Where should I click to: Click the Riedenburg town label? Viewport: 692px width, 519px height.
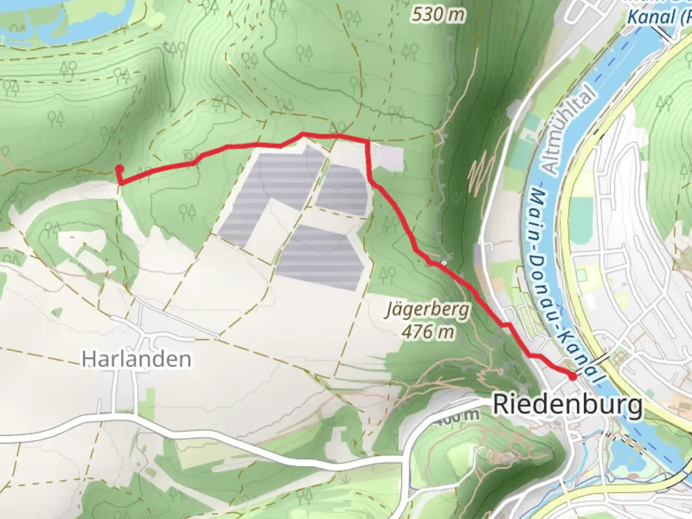[567, 405]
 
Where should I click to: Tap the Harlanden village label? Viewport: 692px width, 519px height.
[136, 359]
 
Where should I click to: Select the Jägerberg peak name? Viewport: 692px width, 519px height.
[427, 310]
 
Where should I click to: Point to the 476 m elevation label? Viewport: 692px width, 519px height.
[428, 332]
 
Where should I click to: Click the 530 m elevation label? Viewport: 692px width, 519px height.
[438, 15]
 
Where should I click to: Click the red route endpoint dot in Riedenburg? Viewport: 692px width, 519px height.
[573, 376]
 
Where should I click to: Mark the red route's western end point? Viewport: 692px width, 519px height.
[119, 168]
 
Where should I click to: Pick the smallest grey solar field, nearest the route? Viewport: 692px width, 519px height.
[342, 190]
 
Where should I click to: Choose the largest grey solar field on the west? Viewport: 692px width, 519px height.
[269, 192]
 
